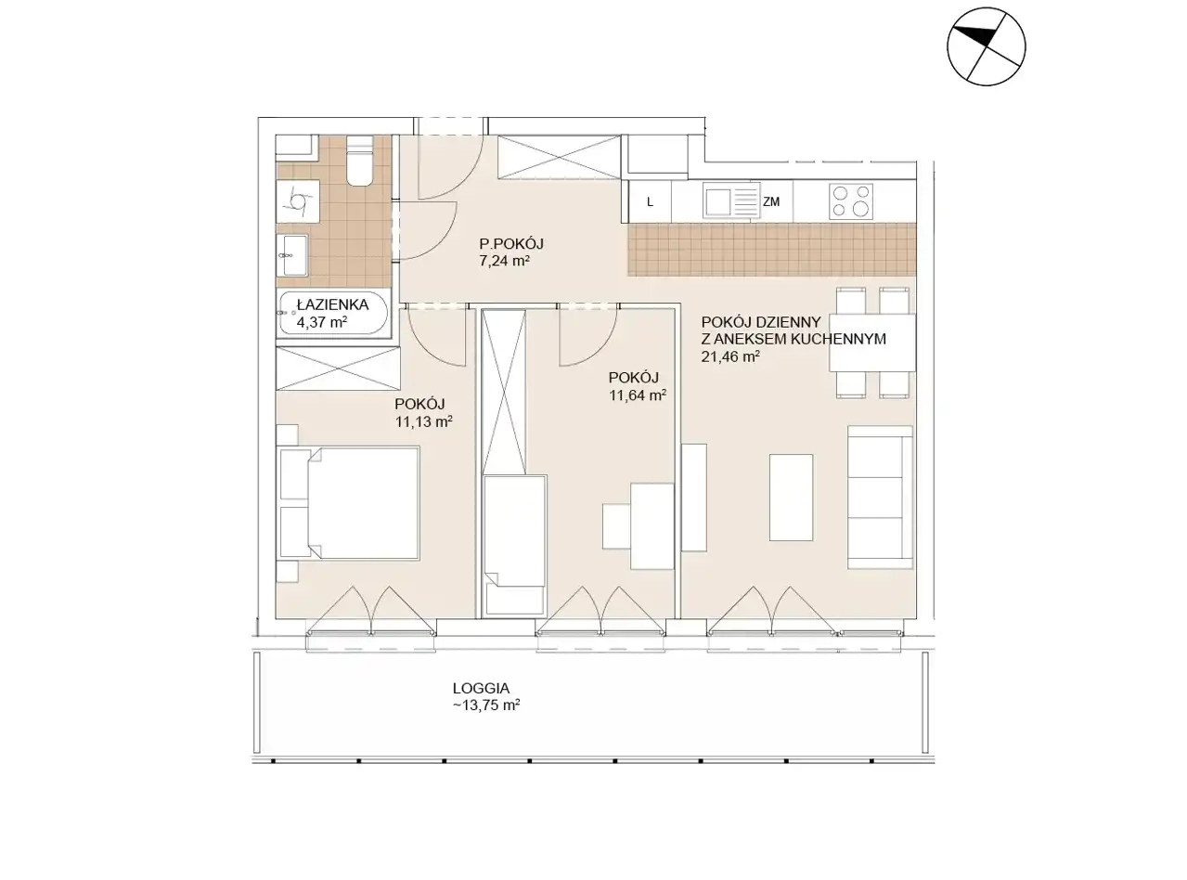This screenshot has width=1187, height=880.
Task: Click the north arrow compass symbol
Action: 986,46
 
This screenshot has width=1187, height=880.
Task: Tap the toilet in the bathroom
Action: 359,161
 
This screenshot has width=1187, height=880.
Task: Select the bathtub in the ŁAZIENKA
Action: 333,313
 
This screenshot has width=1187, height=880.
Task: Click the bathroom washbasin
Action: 291,255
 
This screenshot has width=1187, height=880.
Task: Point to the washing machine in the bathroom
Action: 298,201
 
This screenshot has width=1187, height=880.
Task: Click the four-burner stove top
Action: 851,201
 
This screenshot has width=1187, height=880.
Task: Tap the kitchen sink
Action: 731,201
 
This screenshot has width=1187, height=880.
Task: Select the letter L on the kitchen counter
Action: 650,201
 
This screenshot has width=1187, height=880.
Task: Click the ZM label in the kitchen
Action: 771,201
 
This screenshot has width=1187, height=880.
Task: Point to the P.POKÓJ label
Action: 511,244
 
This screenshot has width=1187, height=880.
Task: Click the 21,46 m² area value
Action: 730,356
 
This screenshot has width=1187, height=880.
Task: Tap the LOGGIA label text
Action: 481,688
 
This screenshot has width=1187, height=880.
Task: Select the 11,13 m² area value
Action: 424,421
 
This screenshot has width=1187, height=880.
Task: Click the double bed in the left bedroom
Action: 348,503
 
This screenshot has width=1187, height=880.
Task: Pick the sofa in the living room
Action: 880,498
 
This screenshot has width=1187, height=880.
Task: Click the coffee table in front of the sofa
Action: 791,498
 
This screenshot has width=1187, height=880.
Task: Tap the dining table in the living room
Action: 872,343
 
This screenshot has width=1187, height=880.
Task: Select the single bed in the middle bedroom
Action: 514,546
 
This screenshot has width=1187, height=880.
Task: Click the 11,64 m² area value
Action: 638,395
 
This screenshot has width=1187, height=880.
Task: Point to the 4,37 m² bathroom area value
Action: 322,322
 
